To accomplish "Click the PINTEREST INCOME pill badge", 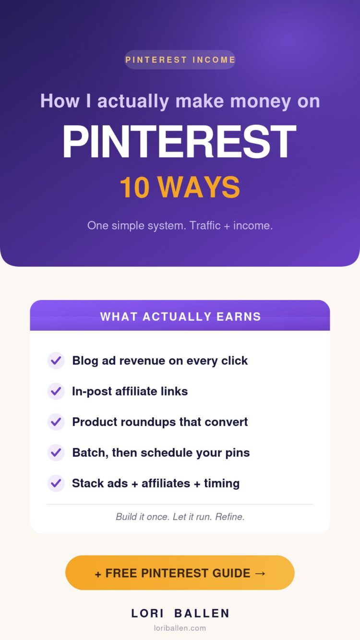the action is click(x=180, y=60).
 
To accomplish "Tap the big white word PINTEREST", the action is click(x=180, y=142).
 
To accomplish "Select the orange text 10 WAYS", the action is click(x=180, y=187).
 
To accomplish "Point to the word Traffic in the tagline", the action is click(x=205, y=226).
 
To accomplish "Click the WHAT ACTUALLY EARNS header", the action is click(x=180, y=316).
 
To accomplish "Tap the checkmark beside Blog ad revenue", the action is click(x=56, y=361).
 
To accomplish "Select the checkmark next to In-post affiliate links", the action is click(x=56, y=391).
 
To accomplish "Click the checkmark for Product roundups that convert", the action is click(x=56, y=422).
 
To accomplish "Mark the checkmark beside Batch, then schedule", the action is click(x=56, y=453).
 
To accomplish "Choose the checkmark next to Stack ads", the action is click(x=56, y=483).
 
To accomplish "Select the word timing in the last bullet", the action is click(x=222, y=483).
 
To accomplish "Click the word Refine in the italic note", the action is click(x=230, y=517).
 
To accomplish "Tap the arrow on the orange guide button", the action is click(x=260, y=573).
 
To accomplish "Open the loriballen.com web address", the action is click(x=180, y=628).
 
